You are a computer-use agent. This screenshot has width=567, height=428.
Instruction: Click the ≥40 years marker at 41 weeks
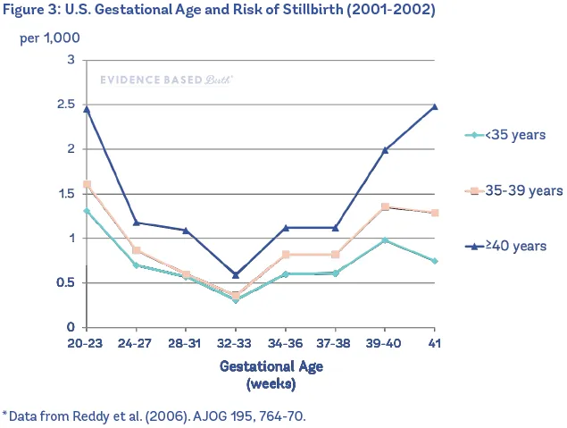click(x=435, y=106)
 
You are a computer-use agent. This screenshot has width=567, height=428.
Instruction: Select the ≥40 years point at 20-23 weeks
click(x=87, y=109)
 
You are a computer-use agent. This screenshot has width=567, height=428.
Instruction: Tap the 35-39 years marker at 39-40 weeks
click(x=385, y=207)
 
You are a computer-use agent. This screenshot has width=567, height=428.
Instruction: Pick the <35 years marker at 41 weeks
click(x=435, y=261)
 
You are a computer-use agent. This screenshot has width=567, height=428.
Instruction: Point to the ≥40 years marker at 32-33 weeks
click(x=236, y=275)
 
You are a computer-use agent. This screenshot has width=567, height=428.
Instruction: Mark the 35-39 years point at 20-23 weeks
click(x=87, y=185)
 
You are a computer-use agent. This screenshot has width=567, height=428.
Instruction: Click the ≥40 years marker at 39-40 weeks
click(x=385, y=150)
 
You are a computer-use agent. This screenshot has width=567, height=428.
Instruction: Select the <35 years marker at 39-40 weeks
click(x=385, y=240)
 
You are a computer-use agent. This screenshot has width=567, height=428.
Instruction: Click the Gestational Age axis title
click(x=271, y=365)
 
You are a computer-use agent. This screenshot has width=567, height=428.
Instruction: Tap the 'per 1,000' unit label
click(x=51, y=40)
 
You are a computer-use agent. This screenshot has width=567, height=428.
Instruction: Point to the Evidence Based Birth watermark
click(x=166, y=80)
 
